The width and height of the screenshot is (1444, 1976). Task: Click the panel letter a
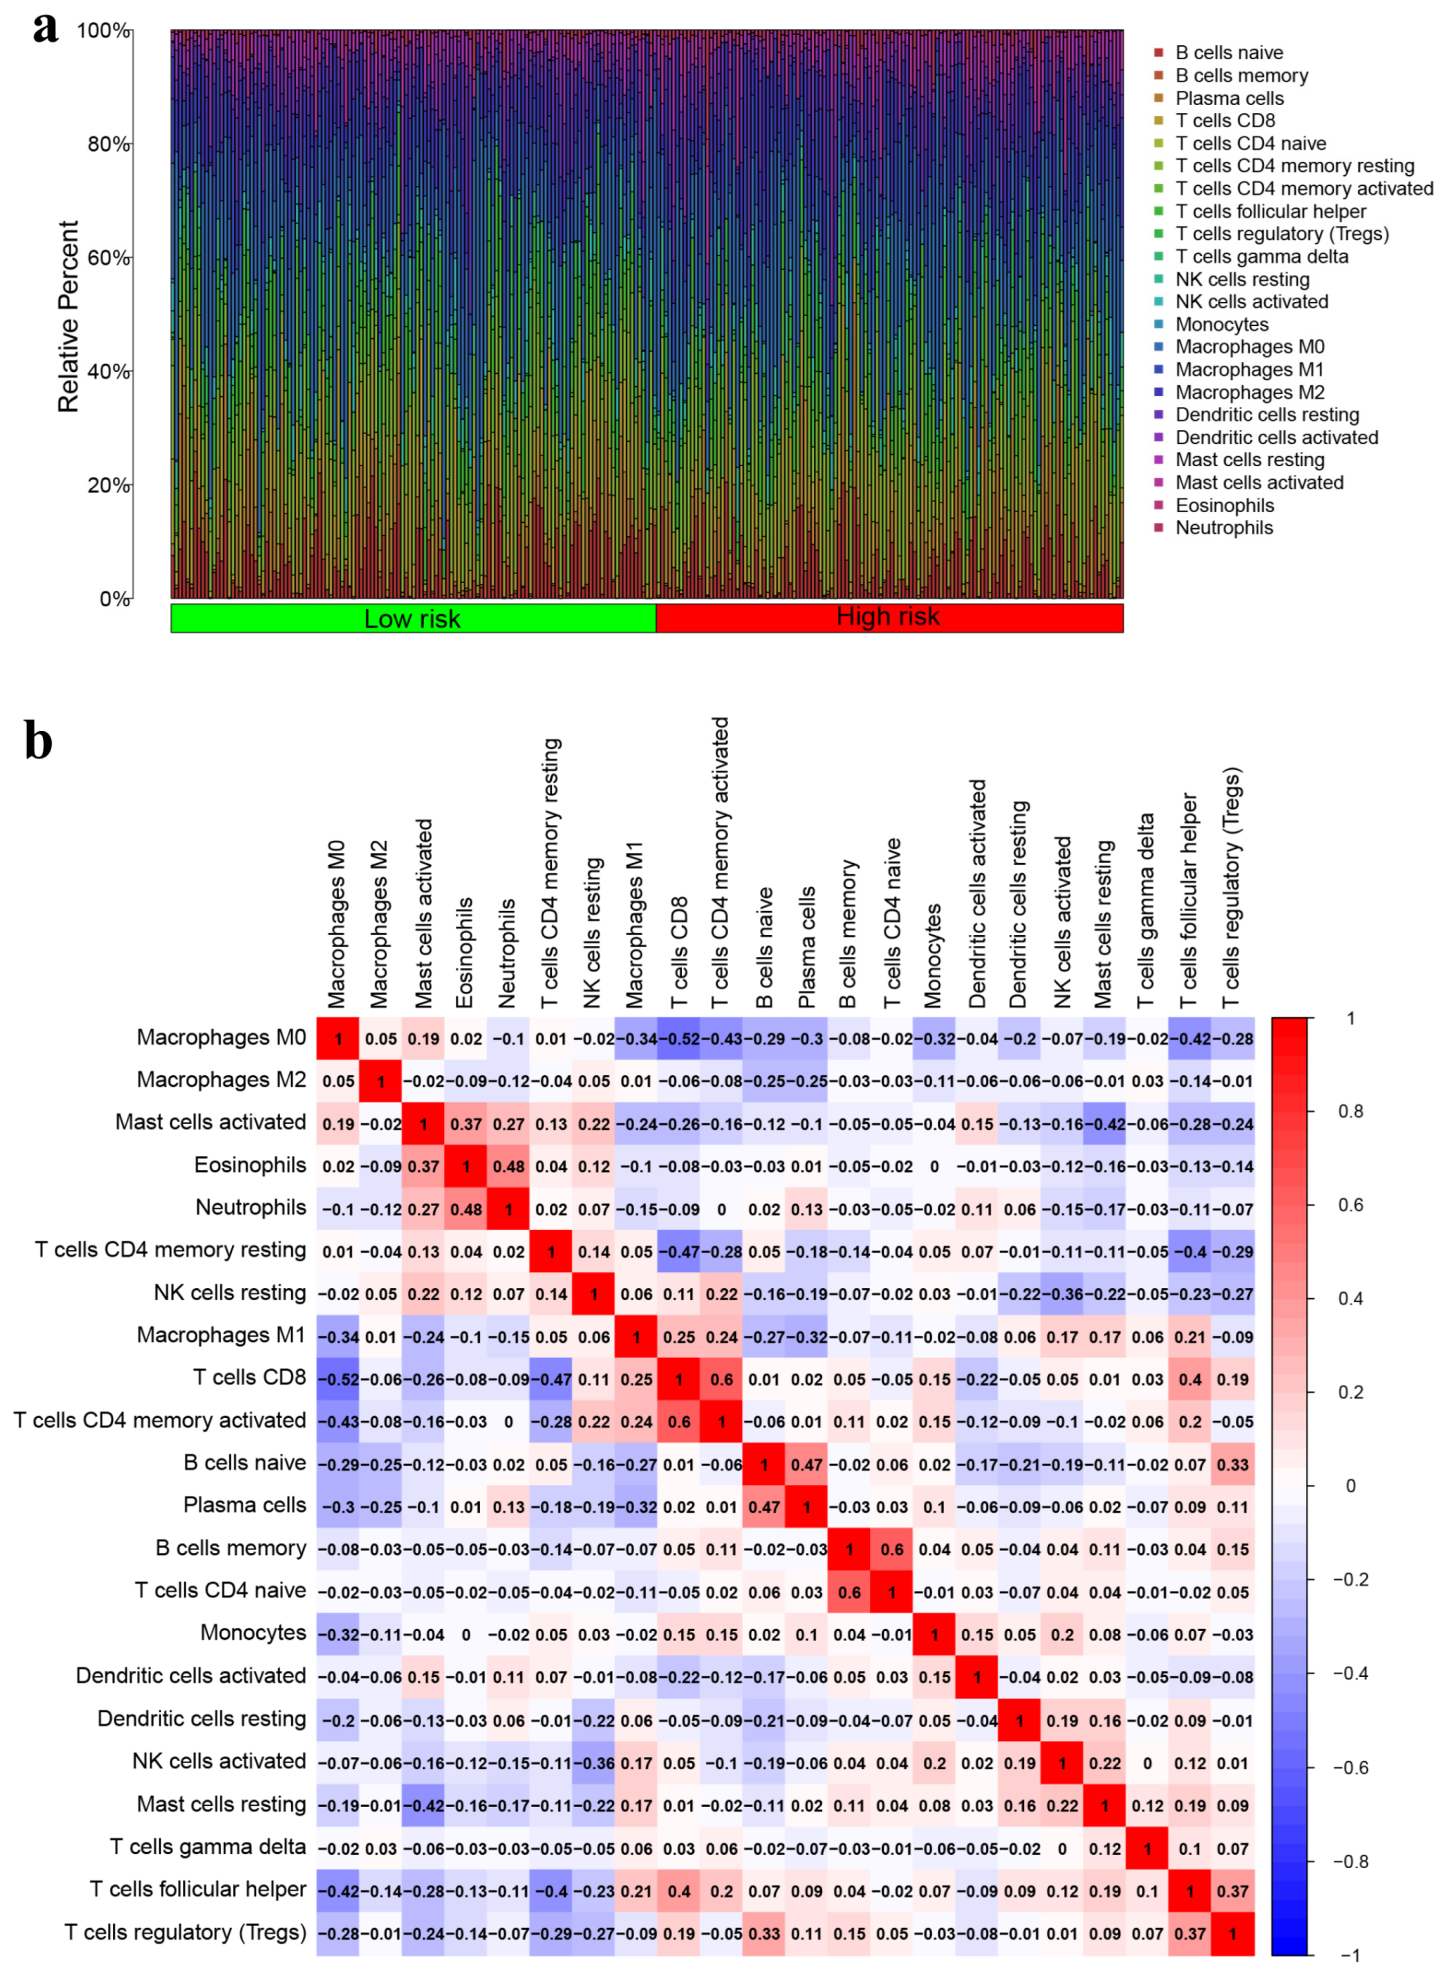click(x=45, y=28)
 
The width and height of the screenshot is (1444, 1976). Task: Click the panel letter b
click(x=38, y=740)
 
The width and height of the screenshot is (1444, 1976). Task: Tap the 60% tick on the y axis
click(x=108, y=258)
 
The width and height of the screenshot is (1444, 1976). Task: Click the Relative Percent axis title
click(x=68, y=317)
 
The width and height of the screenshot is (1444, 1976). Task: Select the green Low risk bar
click(x=412, y=618)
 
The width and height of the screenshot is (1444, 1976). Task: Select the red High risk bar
click(x=889, y=617)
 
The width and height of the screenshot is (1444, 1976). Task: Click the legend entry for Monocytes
click(x=1221, y=324)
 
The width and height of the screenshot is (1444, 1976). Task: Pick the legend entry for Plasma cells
click(x=1228, y=98)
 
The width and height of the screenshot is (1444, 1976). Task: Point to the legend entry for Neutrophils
click(x=1224, y=528)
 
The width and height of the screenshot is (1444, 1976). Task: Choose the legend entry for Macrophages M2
click(x=1249, y=392)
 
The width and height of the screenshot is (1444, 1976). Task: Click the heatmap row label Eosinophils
click(x=250, y=1165)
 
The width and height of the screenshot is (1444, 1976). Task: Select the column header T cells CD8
click(x=679, y=952)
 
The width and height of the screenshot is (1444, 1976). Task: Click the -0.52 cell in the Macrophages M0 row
click(x=679, y=1039)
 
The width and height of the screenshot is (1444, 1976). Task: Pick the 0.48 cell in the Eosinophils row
click(x=509, y=1167)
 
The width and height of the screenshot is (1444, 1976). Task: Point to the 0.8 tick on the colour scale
click(x=1350, y=1112)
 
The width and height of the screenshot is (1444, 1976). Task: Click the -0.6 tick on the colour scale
click(x=1350, y=1767)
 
